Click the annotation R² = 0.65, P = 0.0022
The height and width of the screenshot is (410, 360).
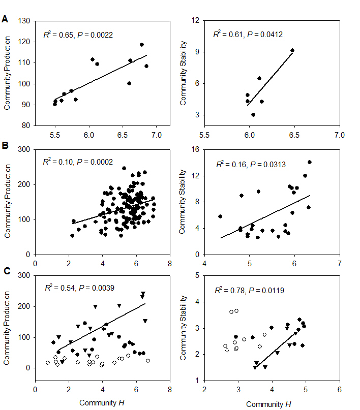[x=78, y=35]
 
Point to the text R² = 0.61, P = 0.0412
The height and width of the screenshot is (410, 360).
[x=248, y=35]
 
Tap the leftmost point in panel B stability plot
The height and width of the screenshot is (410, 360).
[x=220, y=216]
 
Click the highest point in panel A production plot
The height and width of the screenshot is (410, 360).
[x=142, y=45]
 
